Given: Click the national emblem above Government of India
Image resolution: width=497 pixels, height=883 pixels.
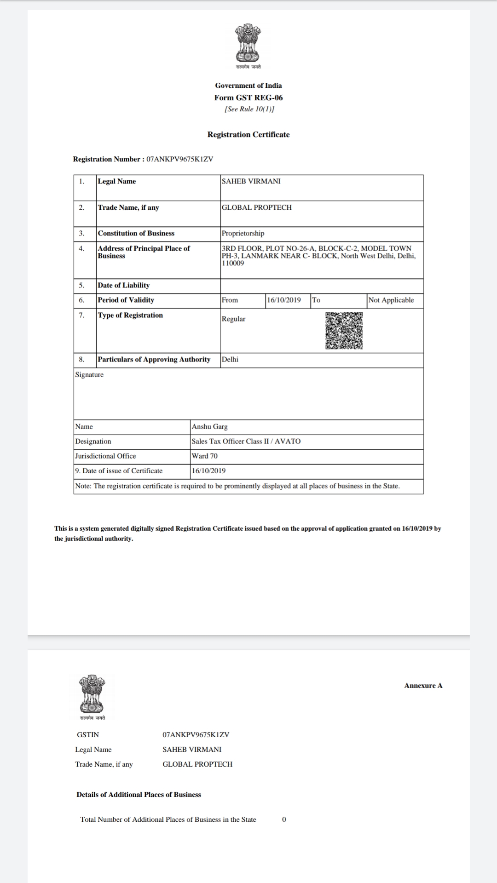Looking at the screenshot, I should pos(248,43).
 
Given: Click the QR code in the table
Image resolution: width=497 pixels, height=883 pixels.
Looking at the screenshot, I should pos(344,331).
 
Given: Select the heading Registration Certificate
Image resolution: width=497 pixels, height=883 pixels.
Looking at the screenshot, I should pos(248,135).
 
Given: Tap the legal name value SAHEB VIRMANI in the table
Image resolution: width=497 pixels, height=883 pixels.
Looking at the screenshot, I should pos(251,181).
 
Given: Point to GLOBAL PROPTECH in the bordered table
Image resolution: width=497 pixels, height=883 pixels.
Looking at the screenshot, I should pos(256,207).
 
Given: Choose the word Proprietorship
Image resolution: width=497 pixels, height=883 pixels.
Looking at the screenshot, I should pos(243,233).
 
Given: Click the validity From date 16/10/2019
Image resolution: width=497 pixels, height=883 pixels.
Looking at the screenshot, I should pos(284,300).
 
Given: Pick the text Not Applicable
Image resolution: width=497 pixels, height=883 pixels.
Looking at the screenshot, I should pos(391,300).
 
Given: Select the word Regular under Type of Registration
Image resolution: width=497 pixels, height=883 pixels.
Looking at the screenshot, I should pos(233,319).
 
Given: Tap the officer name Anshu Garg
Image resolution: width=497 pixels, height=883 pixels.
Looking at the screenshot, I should pos(209,426).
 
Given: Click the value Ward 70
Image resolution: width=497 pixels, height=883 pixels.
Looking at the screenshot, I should pos(205,456).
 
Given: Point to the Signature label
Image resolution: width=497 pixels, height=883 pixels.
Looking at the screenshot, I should pos(89,374).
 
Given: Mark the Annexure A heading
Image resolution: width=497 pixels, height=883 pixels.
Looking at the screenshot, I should pos(423,685).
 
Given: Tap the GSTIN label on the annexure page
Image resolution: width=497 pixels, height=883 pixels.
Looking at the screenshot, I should pos(88,734).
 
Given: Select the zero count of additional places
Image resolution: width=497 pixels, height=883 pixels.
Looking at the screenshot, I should pos(284,819).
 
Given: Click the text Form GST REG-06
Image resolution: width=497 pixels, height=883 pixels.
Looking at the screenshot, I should pos(248,97).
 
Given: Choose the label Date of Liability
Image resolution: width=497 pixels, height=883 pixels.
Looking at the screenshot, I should pos(123,285).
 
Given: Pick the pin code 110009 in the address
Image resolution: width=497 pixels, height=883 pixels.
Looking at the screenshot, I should pos(233,263).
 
